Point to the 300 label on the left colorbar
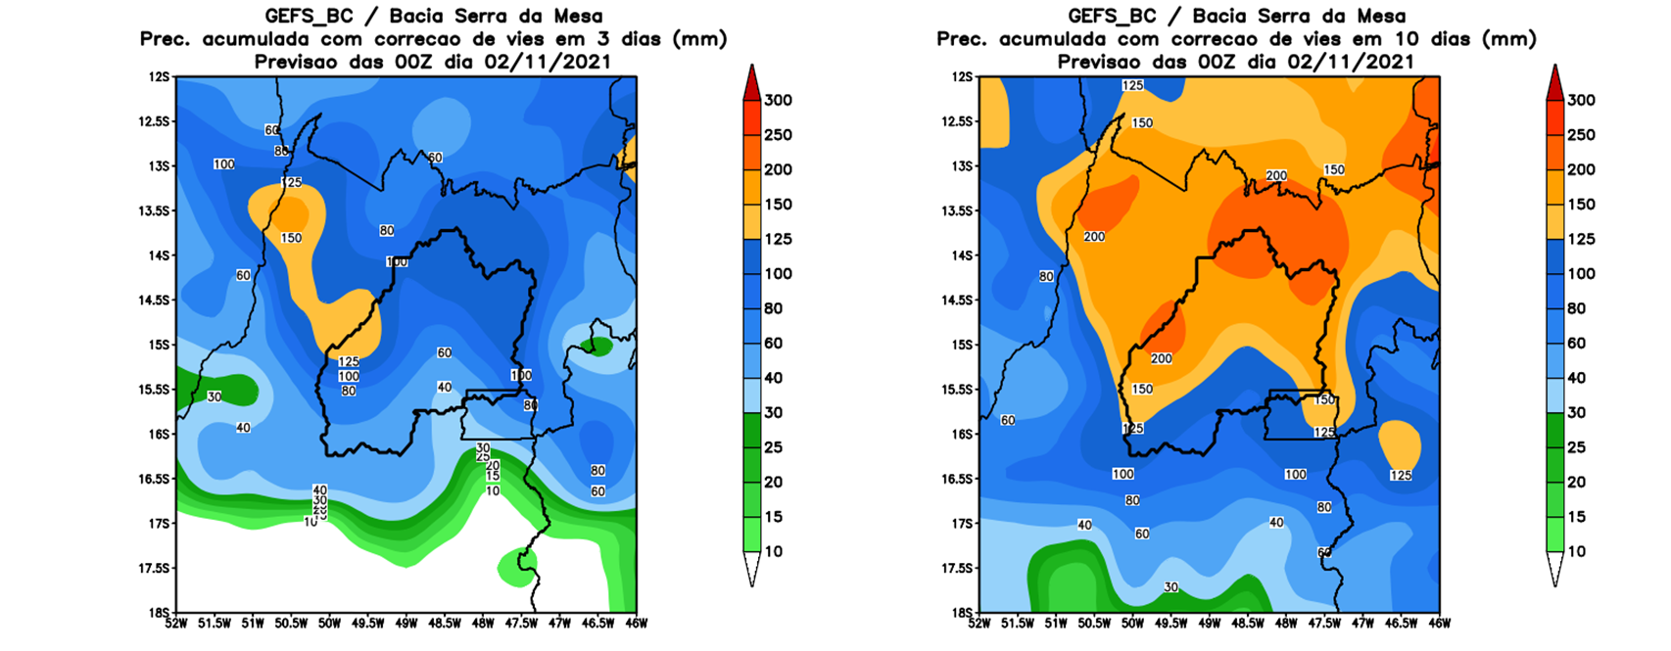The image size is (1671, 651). [778, 100]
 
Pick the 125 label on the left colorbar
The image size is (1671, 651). [778, 239]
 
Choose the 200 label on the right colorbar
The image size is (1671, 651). [1581, 169]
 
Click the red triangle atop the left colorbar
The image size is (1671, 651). [751, 81]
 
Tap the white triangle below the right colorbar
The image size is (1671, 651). [1554, 569]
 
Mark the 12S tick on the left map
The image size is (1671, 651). [161, 76]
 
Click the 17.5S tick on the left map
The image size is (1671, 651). [156, 568]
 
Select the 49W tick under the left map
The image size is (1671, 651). [406, 623]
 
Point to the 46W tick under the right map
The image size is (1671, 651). [1440, 623]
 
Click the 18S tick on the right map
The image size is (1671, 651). [964, 613]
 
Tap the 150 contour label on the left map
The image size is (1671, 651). [291, 238]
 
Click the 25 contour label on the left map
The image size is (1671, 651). [483, 456]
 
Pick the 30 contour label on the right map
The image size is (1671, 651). [1170, 587]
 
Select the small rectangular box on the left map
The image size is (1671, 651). [499, 414]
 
